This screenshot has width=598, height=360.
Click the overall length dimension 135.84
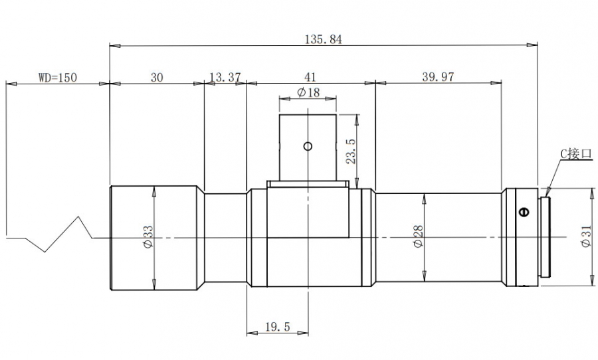pyautogui.click(x=324, y=39)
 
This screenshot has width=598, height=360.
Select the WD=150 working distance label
pyautogui.click(x=58, y=78)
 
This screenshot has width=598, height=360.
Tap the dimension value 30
pyautogui.click(x=157, y=78)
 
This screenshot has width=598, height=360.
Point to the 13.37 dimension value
pyautogui.click(x=225, y=77)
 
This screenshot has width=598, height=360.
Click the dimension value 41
pyautogui.click(x=310, y=77)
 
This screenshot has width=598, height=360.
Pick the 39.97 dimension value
pyautogui.click(x=439, y=76)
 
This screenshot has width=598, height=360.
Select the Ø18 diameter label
pyautogui.click(x=308, y=92)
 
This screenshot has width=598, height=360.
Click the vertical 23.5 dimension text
pyautogui.click(x=351, y=151)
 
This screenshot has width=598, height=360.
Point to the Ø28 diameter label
pyautogui.click(x=418, y=236)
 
